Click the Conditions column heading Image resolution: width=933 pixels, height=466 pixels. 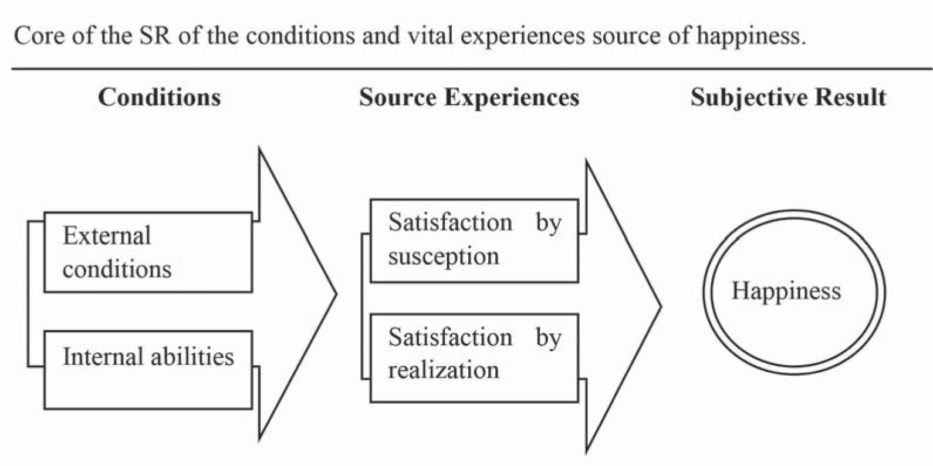(x=159, y=97)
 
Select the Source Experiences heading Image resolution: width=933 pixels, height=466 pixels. (x=469, y=97)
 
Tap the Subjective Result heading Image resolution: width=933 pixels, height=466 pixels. (x=788, y=97)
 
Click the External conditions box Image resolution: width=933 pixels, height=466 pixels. (x=148, y=252)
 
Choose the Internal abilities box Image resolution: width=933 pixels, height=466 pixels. (x=148, y=370)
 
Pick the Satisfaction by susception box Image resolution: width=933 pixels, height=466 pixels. (x=474, y=241)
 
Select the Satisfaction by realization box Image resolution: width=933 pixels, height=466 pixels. (x=474, y=357)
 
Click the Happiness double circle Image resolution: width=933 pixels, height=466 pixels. (x=794, y=292)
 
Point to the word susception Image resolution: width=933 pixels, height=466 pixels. (x=444, y=256)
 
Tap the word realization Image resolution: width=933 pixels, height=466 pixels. (x=444, y=370)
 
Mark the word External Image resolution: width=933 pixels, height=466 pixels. (x=107, y=236)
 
